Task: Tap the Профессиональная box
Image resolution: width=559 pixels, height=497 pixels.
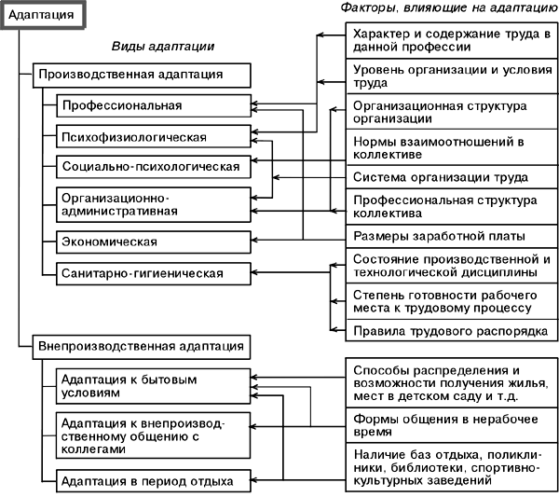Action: pyautogui.click(x=154, y=104)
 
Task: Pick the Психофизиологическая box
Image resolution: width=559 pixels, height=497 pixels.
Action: pyautogui.click(x=154, y=136)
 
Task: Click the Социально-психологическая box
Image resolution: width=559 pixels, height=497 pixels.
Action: pyautogui.click(x=154, y=167)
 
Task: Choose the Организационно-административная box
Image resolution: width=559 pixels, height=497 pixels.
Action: pyautogui.click(x=154, y=204)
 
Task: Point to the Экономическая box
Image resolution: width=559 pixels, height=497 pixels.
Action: pyautogui.click(x=154, y=242)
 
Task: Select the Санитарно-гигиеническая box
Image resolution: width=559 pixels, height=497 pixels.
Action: pyautogui.click(x=154, y=273)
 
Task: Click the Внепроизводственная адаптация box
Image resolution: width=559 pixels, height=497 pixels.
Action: pyautogui.click(x=141, y=345)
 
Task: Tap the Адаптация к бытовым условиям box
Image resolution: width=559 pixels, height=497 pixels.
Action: pyautogui.click(x=154, y=386)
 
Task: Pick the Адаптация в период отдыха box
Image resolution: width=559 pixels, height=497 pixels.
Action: pyautogui.click(x=154, y=481)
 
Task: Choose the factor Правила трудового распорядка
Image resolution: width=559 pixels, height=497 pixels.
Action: pyautogui.click(x=451, y=331)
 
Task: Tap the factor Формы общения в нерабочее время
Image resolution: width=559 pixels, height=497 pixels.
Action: pyautogui.click(x=451, y=425)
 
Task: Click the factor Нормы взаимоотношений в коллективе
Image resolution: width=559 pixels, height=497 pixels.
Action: pyautogui.click(x=451, y=147)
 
